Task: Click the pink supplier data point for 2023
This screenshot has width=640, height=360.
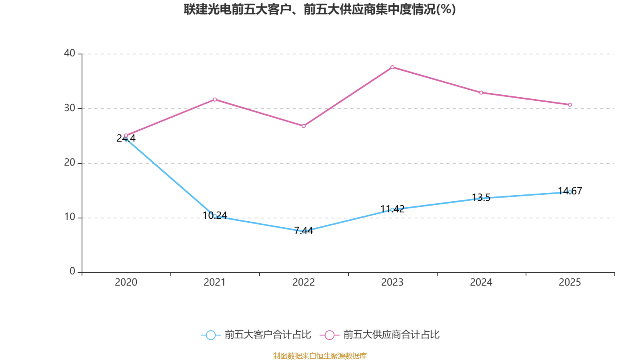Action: (392, 67)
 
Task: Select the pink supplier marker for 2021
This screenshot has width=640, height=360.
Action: (215, 99)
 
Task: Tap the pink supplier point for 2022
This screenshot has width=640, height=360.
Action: (304, 126)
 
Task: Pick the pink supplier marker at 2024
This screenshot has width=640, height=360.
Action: (481, 93)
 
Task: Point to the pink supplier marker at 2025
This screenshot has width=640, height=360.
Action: (570, 105)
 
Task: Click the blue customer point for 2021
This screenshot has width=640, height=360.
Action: (215, 216)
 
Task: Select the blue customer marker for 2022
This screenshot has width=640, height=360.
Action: (304, 231)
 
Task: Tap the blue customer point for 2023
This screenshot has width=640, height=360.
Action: (392, 210)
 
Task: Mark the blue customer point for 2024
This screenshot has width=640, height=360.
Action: (481, 198)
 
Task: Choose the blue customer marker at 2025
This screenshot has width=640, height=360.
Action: (570, 192)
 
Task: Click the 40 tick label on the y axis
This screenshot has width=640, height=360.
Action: (70, 53)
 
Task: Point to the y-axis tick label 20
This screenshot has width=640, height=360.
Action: (70, 162)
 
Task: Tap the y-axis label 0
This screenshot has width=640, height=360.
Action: (72, 272)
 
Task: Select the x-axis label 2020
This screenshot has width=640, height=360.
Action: (126, 282)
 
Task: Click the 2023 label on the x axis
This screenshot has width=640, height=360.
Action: (392, 282)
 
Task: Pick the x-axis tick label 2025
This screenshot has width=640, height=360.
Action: (570, 282)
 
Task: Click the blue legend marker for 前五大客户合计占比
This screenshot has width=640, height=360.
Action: (210, 335)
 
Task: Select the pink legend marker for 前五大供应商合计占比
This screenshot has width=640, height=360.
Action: (330, 335)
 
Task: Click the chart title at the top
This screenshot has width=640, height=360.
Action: (320, 9)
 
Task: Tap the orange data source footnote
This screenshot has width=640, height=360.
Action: (320, 356)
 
